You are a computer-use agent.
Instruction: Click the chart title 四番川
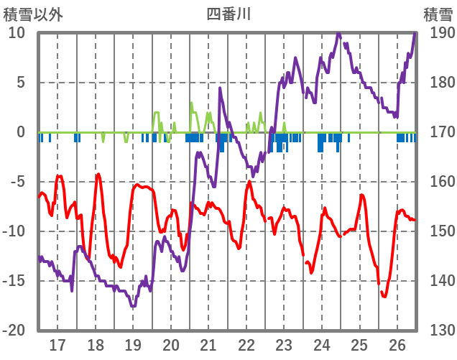pyautogui.click(x=228, y=14)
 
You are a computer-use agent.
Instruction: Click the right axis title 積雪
pyautogui.click(x=438, y=14)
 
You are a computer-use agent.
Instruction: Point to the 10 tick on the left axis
pyautogui.click(x=17, y=33)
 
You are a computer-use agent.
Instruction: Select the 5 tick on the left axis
pyautogui.click(x=20, y=83)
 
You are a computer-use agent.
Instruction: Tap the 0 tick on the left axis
pyautogui.click(x=20, y=132)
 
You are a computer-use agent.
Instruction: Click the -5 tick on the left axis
pyautogui.click(x=17, y=182)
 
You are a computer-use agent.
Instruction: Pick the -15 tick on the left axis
pyautogui.click(x=14, y=281)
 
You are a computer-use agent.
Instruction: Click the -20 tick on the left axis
pyautogui.click(x=14, y=331)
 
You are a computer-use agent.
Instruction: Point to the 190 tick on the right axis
pyautogui.click(x=439, y=33)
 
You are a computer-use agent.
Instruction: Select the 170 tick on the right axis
pyautogui.click(x=439, y=132)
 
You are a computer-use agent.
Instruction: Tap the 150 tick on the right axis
pyautogui.click(x=439, y=231)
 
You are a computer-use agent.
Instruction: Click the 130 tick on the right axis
pyautogui.click(x=439, y=331)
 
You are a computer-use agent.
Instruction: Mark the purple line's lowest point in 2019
pyautogui.click(x=133, y=306)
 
